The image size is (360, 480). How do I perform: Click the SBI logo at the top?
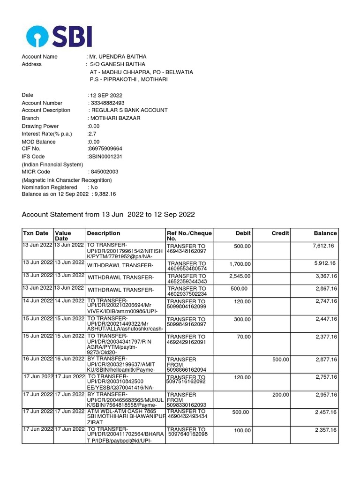[59, 37]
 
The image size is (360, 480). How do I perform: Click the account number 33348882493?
[107, 103]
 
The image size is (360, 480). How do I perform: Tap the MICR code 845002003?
[104, 172]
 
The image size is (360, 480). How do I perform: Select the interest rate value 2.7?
[92, 134]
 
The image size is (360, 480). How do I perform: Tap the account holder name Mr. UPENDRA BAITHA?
[115, 57]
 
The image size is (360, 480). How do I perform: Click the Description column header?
[104, 233]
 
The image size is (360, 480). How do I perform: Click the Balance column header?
[325, 233]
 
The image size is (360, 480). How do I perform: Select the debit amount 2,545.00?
[240, 276]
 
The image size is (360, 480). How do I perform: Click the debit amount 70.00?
[243, 337]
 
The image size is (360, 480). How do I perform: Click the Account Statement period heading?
[108, 215]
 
